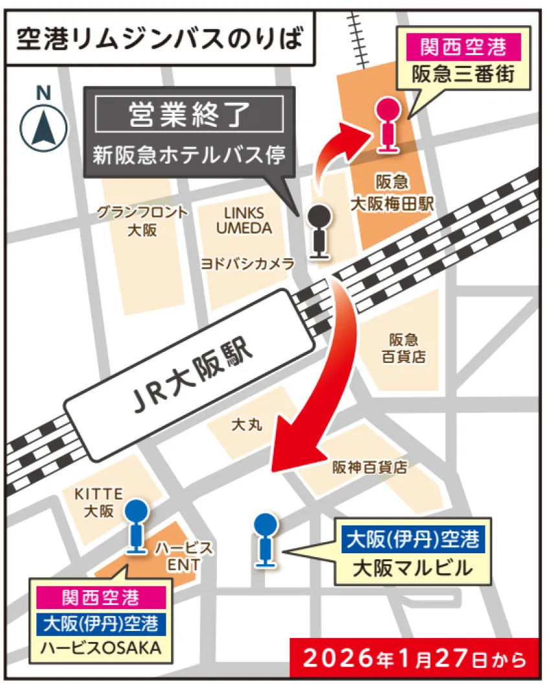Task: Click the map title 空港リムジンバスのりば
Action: point(159,39)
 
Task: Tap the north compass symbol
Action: point(43,126)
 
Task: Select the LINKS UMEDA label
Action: point(244,221)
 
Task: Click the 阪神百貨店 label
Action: point(370,467)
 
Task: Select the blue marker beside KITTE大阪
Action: point(135,525)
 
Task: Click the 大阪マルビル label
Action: point(412,569)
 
